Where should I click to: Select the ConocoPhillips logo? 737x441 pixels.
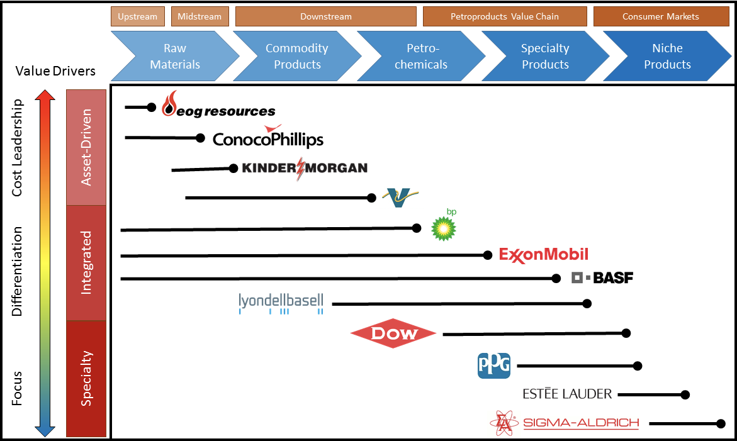(x=268, y=138)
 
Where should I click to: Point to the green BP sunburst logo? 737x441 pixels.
(x=444, y=227)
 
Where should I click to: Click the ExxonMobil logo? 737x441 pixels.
(x=544, y=255)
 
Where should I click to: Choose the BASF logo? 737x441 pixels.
(x=602, y=277)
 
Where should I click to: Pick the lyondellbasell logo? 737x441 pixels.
(x=281, y=303)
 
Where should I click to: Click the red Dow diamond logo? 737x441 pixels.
(x=393, y=333)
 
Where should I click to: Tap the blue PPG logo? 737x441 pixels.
(x=494, y=366)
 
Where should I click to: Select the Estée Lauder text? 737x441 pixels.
(x=567, y=394)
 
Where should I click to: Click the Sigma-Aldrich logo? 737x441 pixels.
(x=565, y=423)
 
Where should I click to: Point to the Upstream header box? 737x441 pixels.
(x=138, y=16)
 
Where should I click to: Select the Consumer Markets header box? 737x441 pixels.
(x=660, y=16)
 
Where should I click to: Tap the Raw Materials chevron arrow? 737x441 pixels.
(x=175, y=56)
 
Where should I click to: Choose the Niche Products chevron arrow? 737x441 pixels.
(x=667, y=56)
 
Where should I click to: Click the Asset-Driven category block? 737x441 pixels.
(x=86, y=147)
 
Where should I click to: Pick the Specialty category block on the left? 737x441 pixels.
(x=86, y=378)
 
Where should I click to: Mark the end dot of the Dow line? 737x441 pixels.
(x=626, y=333)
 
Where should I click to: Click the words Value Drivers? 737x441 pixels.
(x=55, y=70)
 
